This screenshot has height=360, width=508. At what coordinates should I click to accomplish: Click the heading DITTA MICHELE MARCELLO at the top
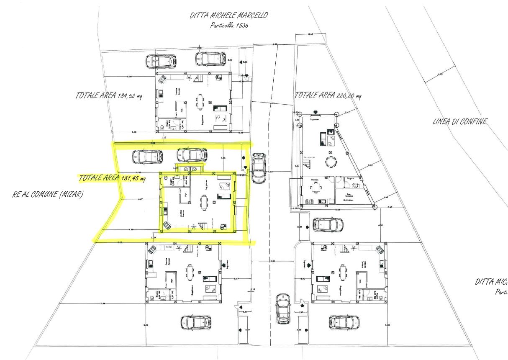229,16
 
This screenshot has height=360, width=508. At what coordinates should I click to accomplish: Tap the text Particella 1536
228,26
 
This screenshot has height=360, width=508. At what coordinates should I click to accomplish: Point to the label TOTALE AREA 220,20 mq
328,95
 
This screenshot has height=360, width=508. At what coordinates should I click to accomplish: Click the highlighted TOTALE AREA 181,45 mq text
112,179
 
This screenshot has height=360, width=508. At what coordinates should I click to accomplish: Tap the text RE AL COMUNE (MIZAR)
46,195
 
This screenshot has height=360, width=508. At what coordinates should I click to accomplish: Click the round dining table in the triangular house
331,161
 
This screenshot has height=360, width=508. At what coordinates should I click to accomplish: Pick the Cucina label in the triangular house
314,180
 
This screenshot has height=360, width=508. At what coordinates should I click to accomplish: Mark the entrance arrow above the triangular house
316,112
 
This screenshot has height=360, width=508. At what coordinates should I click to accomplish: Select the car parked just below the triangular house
328,225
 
